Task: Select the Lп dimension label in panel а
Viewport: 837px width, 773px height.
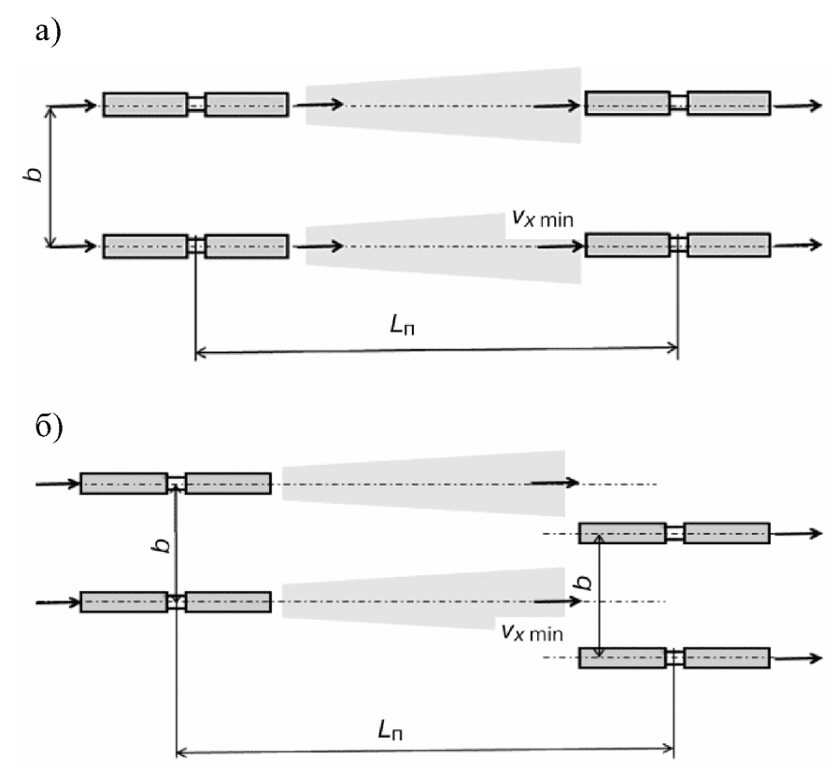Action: (x=403, y=325)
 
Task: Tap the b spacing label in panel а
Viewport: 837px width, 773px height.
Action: (x=35, y=175)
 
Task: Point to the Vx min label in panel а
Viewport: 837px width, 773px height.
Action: (x=543, y=218)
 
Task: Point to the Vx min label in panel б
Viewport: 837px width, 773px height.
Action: (x=532, y=632)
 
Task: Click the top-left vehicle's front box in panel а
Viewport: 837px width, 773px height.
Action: (x=247, y=105)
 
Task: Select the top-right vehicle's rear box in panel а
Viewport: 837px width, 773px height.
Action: (x=628, y=103)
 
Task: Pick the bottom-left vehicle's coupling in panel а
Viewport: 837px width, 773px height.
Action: (x=196, y=246)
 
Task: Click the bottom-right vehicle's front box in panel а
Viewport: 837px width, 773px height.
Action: (x=729, y=245)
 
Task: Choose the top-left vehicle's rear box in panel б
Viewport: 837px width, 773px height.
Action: (x=124, y=484)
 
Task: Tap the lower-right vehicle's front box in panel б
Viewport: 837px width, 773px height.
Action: (x=727, y=657)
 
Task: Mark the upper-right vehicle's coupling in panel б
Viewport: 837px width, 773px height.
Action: (x=674, y=533)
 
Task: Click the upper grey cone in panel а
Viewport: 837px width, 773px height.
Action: (x=443, y=105)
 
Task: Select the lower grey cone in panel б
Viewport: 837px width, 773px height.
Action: (x=423, y=599)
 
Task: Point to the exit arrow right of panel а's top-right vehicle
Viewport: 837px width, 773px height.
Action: (x=798, y=105)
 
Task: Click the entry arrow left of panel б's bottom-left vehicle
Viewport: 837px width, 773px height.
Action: (x=58, y=602)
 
